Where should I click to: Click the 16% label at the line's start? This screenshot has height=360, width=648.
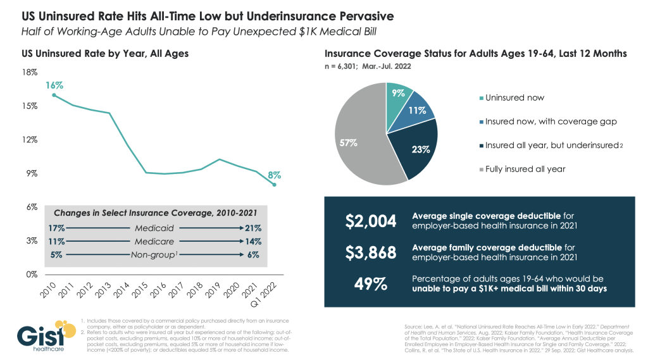tap(54, 85)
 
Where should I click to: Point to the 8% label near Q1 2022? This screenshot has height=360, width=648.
tap(274, 175)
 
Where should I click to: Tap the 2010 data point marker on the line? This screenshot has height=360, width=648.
tap(54, 96)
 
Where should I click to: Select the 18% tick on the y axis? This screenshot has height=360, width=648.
tap(29, 72)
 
